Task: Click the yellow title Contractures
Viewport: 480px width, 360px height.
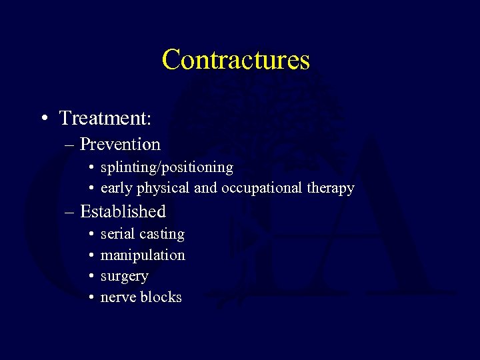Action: tap(235, 59)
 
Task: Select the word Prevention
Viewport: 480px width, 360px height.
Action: tap(120, 144)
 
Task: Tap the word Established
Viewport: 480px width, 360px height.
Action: tap(123, 211)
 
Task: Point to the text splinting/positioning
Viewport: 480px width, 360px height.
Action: tap(167, 167)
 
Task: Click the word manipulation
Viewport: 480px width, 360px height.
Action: tap(143, 255)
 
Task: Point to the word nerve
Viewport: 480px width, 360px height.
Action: tap(118, 297)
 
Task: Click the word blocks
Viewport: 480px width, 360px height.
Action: tap(161, 297)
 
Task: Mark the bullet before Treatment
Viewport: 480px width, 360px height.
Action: tap(43, 119)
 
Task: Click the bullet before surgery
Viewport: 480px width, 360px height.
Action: tap(90, 276)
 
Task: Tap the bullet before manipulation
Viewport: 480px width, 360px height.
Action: tap(90, 255)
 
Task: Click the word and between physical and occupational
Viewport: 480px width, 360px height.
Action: tap(206, 189)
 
